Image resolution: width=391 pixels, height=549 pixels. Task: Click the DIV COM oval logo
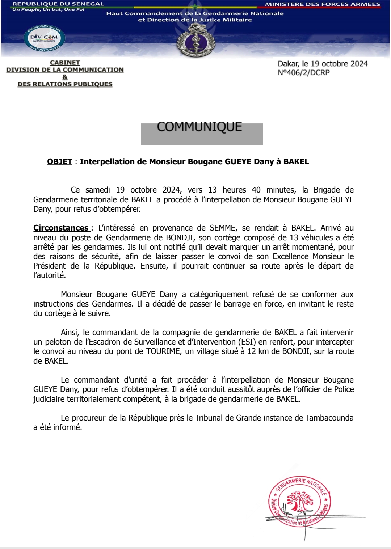click(x=44, y=38)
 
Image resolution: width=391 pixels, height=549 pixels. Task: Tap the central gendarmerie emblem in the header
click(x=196, y=43)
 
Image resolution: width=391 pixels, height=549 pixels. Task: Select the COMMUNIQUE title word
click(x=199, y=127)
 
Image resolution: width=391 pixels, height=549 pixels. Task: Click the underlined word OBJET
click(x=60, y=162)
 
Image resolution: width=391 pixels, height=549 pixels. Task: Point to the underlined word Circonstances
click(x=61, y=228)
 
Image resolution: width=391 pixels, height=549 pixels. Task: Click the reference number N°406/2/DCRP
click(x=303, y=73)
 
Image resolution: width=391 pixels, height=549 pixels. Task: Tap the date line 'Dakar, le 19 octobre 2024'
click(x=322, y=64)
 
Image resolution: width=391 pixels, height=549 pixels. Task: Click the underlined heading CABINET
click(x=65, y=63)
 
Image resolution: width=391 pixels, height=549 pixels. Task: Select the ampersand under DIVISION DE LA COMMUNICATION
click(x=65, y=77)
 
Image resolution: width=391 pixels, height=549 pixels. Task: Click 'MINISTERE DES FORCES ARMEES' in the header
click(x=323, y=4)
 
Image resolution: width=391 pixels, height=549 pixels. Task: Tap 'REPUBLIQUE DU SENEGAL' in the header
click(x=58, y=4)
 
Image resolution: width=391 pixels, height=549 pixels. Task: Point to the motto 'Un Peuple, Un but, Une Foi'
click(x=48, y=10)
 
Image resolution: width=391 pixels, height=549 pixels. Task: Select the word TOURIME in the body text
click(x=163, y=351)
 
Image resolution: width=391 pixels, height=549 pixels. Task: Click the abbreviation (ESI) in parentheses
click(x=247, y=342)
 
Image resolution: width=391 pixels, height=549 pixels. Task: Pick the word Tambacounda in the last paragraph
click(x=329, y=418)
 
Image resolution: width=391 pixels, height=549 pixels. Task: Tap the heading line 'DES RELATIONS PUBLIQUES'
click(x=65, y=84)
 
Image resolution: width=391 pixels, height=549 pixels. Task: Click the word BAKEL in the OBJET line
click(x=296, y=162)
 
